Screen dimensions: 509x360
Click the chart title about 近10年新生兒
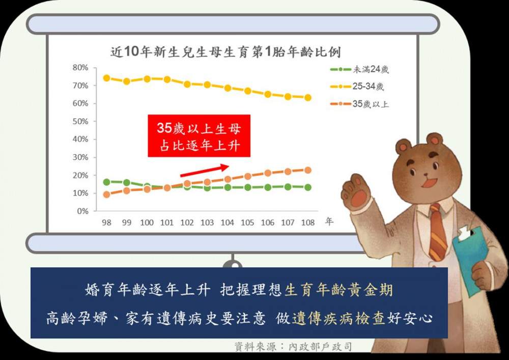[x=225, y=52]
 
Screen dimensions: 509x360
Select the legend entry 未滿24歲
[x=359, y=69]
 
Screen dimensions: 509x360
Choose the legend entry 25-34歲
[x=357, y=87]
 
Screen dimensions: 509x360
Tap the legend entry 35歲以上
[x=359, y=104]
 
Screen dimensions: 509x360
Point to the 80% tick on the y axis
[x=80, y=68]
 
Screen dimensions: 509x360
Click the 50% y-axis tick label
[x=80, y=121]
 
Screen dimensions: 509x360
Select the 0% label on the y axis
[x=83, y=211]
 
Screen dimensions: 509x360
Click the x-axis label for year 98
[x=106, y=223]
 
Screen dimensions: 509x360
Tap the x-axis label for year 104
[x=227, y=223]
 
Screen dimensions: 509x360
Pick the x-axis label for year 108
[x=308, y=223]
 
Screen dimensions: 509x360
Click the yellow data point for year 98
[x=106, y=78]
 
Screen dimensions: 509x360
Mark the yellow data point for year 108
[x=308, y=97]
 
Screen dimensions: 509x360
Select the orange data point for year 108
[x=308, y=170]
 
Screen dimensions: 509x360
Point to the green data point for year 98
[x=106, y=182]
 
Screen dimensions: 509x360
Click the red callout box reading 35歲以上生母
[x=199, y=135]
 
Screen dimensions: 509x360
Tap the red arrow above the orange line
[x=205, y=171]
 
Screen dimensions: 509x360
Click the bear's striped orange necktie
[x=438, y=232]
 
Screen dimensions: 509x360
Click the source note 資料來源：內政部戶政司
[x=293, y=347]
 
